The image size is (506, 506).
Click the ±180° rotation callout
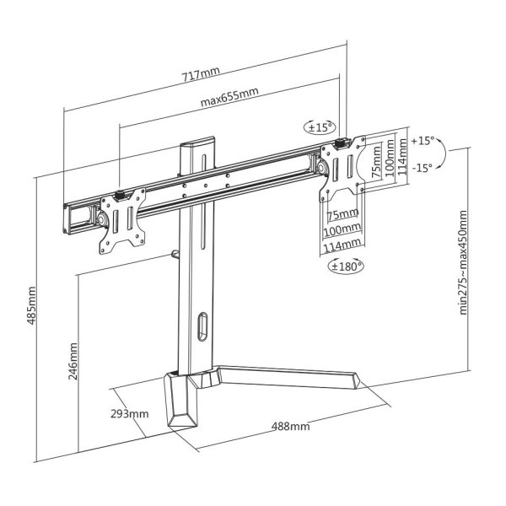[344, 266]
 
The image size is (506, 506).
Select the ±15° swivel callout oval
[320, 128]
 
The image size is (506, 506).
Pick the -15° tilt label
[423, 167]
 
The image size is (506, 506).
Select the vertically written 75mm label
[376, 157]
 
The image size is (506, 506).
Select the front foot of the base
[183, 403]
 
